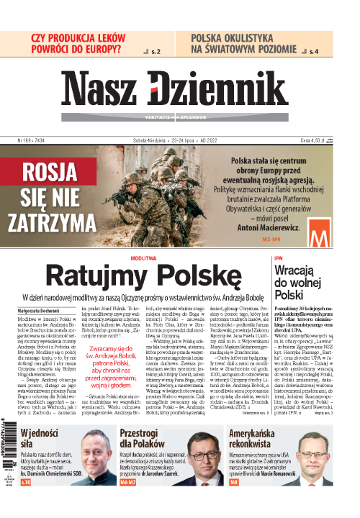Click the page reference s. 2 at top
153,53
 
